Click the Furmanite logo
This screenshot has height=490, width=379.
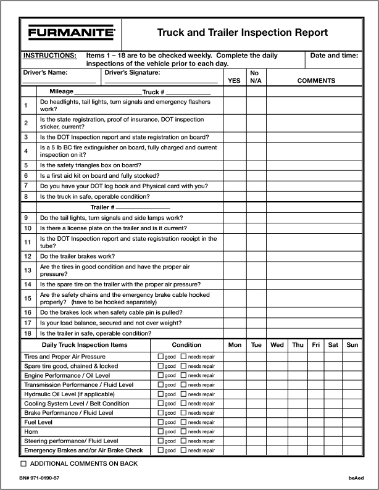tap(71, 32)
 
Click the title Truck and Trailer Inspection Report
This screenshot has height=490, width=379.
tap(242, 33)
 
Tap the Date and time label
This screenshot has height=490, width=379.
tap(334, 56)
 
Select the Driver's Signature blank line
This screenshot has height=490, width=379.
tap(161, 82)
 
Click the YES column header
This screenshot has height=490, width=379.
tap(234, 80)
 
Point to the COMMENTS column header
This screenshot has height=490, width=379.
tap(316, 80)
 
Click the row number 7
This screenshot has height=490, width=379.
tap(26, 186)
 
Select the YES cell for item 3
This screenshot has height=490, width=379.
tap(235, 137)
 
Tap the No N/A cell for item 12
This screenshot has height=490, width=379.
tap(256, 256)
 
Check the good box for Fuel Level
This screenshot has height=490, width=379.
tap(161, 422)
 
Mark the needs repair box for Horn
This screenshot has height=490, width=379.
tap(183, 431)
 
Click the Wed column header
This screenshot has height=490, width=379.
tap(277, 345)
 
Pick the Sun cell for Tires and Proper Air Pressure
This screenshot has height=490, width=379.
tap(352, 357)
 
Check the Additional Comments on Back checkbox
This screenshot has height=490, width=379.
tap(24, 463)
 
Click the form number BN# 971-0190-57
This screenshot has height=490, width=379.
tap(40, 478)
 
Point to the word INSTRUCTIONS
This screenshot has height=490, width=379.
tap(49, 56)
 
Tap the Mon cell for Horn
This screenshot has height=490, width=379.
tap(235, 431)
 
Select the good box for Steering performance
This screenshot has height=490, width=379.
tap(161, 441)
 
